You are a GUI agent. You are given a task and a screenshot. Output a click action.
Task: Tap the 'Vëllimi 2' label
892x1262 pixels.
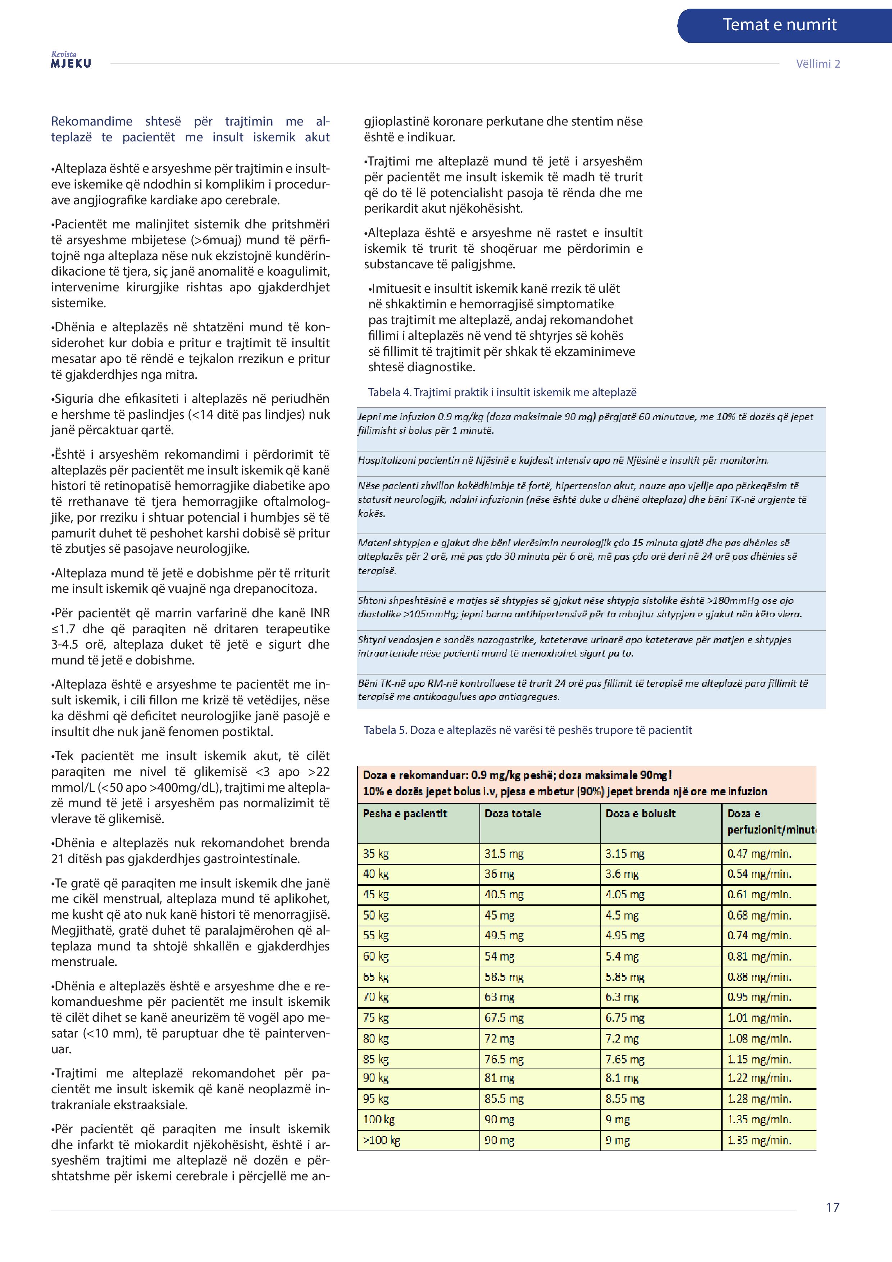(818, 64)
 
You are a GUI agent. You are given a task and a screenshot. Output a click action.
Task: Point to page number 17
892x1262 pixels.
(832, 1207)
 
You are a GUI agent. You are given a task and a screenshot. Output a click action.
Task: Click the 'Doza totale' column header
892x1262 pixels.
(512, 813)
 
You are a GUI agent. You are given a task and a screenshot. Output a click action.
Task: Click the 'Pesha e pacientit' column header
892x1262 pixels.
(405, 813)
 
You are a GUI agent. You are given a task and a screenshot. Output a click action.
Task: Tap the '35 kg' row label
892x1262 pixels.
(376, 854)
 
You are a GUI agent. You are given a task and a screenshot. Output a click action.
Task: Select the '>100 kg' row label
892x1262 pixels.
(381, 1140)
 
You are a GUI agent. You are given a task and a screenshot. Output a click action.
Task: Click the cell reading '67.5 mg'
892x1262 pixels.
(504, 1017)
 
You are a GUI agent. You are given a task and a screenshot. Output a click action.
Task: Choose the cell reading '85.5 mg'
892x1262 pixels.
(504, 1098)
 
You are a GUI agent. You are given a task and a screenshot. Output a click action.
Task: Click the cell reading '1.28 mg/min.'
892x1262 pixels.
(759, 1098)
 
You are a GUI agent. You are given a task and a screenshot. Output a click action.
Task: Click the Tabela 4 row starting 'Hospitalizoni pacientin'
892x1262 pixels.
(563, 460)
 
